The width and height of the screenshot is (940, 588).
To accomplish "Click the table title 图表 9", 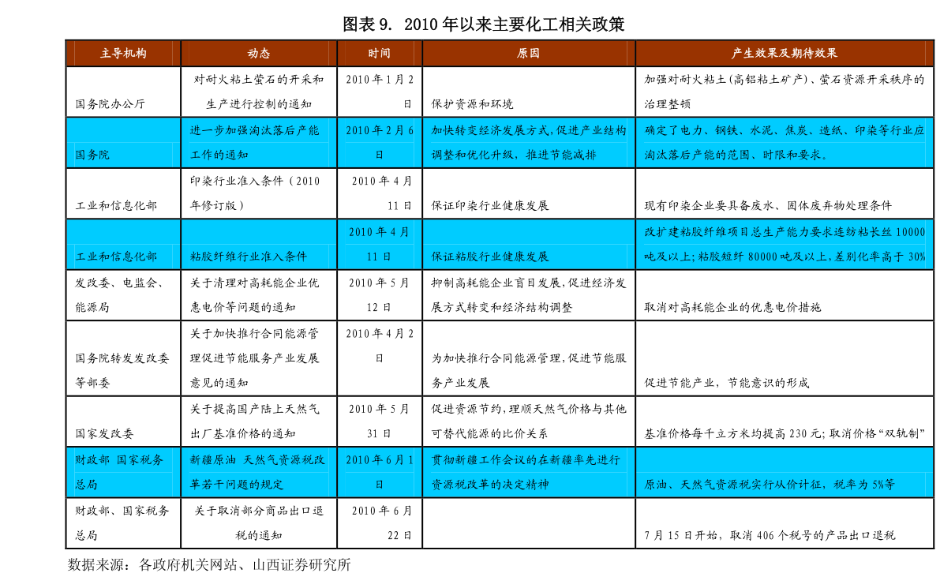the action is click(366, 24).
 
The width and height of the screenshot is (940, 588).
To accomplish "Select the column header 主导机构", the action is click(123, 54).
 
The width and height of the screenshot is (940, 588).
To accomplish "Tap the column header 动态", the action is click(259, 54).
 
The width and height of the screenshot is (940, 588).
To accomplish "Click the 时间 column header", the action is click(380, 54).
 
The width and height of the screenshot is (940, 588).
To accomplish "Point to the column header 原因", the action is click(528, 54).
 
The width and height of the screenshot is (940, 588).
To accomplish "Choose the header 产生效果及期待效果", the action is click(785, 54).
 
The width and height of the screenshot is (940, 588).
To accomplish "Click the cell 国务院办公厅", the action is click(110, 103).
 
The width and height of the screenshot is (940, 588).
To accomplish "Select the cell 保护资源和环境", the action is click(473, 103).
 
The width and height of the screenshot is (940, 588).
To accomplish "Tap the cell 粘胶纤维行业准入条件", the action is click(248, 257).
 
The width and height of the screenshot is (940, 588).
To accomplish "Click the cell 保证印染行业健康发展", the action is click(490, 205).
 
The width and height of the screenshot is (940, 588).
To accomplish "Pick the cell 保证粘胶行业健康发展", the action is click(490, 257).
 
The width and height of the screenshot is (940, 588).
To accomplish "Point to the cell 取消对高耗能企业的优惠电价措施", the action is click(732, 307).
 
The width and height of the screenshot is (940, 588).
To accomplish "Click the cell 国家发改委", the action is click(104, 433).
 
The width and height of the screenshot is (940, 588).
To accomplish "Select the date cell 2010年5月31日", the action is click(380, 421).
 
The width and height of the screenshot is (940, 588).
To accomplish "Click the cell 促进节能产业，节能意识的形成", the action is click(727, 383).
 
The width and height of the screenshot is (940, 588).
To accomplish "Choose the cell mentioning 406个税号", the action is click(770, 535).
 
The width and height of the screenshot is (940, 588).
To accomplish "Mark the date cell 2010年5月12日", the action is click(380, 295).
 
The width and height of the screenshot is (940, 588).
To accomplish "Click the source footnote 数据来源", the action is click(208, 564).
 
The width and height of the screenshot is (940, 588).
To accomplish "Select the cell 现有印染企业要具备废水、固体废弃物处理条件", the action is click(768, 205).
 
